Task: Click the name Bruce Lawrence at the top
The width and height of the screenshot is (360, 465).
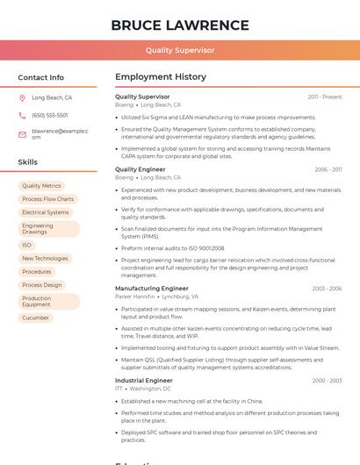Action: pos(180,25)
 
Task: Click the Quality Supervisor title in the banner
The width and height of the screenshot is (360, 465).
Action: pos(180,50)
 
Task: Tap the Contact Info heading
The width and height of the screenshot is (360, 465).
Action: pos(41,77)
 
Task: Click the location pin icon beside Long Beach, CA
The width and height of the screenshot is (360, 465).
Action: pos(23,98)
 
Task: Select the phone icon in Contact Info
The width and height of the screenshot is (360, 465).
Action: pos(23,115)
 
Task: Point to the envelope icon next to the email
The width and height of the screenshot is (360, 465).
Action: pos(23,133)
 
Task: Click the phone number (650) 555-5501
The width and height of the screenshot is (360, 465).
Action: pos(50,115)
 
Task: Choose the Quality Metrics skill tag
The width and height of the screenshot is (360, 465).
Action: pos(41,186)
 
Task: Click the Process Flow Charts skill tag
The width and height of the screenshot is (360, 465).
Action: pos(48,199)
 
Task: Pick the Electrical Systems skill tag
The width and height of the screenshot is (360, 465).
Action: pos(46,212)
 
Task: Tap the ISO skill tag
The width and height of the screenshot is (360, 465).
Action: pos(27,246)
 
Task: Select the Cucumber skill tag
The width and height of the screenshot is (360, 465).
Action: pos(36,318)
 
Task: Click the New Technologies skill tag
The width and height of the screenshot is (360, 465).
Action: pos(45,259)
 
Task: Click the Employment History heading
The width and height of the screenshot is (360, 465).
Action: pos(161,77)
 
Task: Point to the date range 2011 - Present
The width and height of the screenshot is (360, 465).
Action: pos(325,97)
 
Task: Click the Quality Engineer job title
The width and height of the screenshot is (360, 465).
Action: pos(140,169)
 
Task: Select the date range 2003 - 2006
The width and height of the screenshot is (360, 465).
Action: pos(327,289)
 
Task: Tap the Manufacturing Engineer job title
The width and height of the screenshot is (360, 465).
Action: pos(152,289)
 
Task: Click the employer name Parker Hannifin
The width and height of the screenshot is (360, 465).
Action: pos(135,297)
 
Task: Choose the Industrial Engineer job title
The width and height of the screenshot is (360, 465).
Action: pos(144,381)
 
